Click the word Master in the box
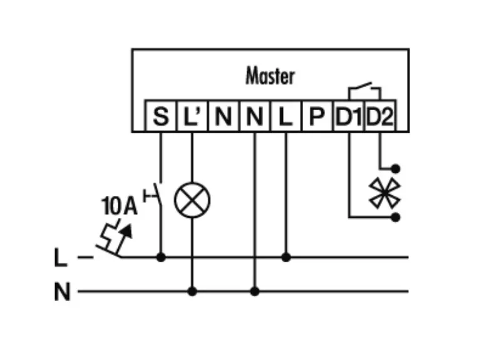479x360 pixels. pyautogui.click(x=269, y=77)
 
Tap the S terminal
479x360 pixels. pyautogui.click(x=161, y=116)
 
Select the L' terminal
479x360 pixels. pyautogui.click(x=192, y=116)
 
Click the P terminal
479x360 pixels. pyautogui.click(x=317, y=116)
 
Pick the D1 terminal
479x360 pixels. pyautogui.click(x=349, y=116)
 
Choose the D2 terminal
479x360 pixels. pyautogui.click(x=380, y=116)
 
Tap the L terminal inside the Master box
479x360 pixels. pyautogui.click(x=286, y=116)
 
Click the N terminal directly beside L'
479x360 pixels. pyautogui.click(x=223, y=116)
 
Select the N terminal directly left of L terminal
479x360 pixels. pyautogui.click(x=254, y=116)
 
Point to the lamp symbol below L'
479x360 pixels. pyautogui.click(x=192, y=201)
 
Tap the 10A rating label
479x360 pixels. pyautogui.click(x=118, y=206)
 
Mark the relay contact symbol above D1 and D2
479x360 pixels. pyautogui.click(x=364, y=90)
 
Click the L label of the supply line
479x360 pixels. pyautogui.click(x=61, y=257)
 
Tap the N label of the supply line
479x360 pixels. pyautogui.click(x=61, y=292)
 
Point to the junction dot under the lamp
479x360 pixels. pyautogui.click(x=192, y=291)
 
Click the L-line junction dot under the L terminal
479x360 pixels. pyautogui.click(x=286, y=257)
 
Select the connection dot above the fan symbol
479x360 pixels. pyautogui.click(x=395, y=168)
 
